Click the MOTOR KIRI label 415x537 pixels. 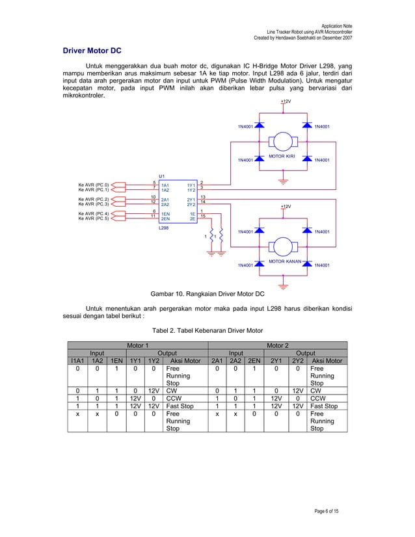pyautogui.click(x=282, y=156)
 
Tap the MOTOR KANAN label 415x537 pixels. pyautogui.click(x=282, y=261)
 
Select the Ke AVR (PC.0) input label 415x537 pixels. pyautogui.click(x=94, y=185)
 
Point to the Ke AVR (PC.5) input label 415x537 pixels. pyautogui.click(x=94, y=218)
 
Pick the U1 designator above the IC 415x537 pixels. pyautogui.click(x=162, y=176)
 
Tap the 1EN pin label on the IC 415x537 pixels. pyautogui.click(x=166, y=213)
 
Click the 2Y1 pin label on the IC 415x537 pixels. pyautogui.click(x=191, y=199)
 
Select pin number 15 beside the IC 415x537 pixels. pyautogui.click(x=204, y=215)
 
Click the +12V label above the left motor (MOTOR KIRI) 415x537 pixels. pyautogui.click(x=286, y=101)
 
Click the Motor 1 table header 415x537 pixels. pyautogui.click(x=137, y=345)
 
